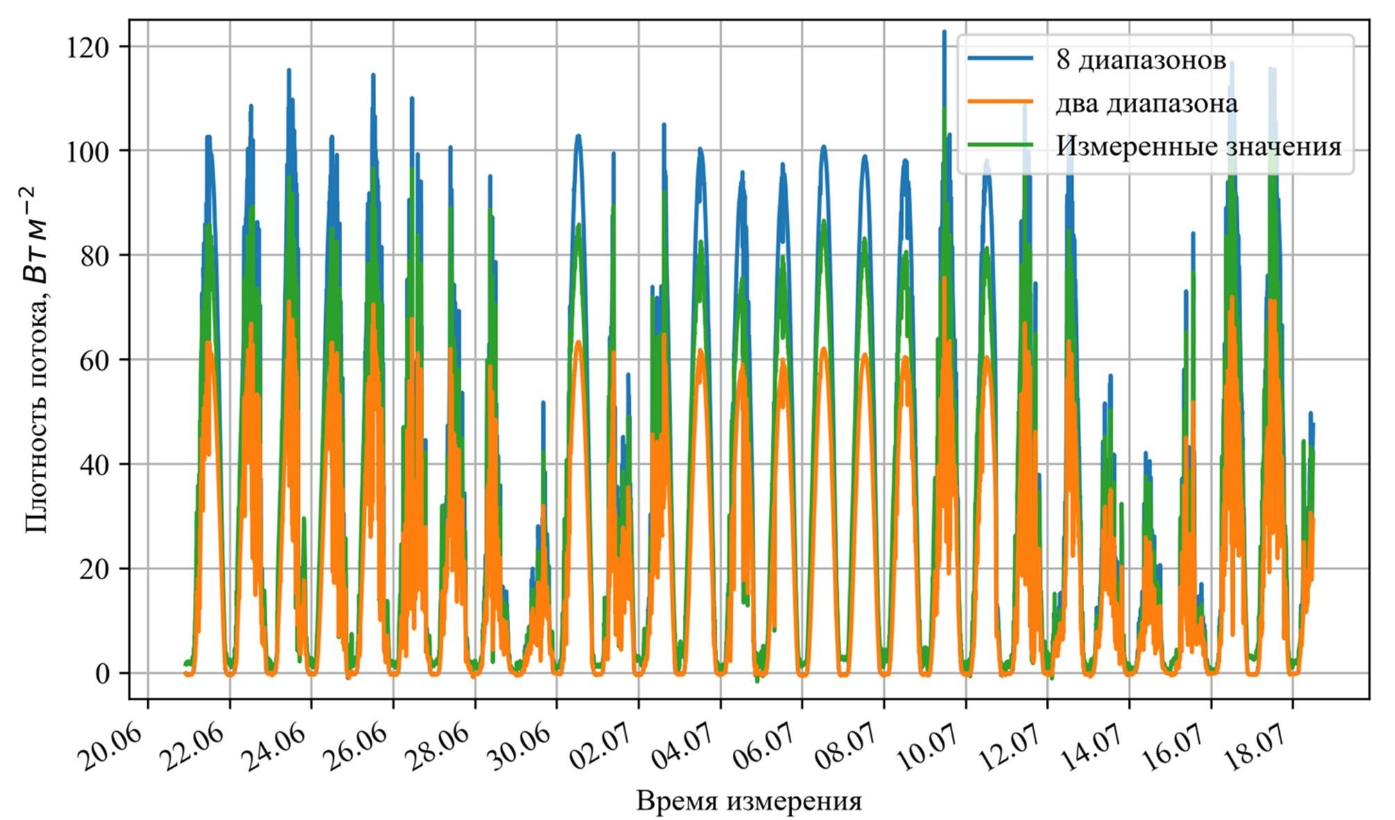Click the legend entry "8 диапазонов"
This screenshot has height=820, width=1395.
[1140, 60]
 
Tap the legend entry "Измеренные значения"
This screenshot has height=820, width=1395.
[1199, 146]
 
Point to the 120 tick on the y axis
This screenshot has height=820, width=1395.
[87, 46]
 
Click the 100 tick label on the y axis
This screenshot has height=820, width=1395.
[87, 151]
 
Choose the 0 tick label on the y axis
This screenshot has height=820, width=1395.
[103, 674]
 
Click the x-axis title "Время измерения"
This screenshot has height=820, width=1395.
[749, 801]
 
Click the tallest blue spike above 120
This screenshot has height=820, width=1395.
[944, 33]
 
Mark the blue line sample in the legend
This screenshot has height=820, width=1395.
[1000, 59]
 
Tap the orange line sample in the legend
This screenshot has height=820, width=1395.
[1000, 102]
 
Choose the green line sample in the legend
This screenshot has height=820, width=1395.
[1000, 145]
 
